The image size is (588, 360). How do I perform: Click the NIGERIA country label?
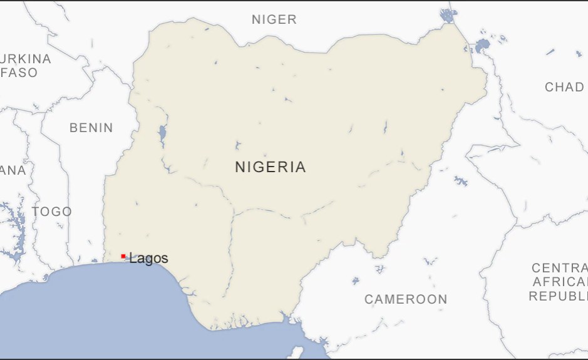point(271,167)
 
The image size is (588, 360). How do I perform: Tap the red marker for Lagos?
point(123,256)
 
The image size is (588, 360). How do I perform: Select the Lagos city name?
point(149,258)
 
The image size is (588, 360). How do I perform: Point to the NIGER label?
point(274,19)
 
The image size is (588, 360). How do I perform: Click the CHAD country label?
point(564,87)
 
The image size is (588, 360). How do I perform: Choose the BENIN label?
point(91,128)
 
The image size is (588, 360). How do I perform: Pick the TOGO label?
point(52,212)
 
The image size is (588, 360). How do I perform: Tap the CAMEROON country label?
point(406,299)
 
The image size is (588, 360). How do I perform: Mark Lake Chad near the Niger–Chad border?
point(482,45)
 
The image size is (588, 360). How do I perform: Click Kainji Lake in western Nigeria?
point(163,133)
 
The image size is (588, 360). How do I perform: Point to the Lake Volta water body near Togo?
point(16,225)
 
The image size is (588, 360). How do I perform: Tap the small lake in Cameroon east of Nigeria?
point(461,181)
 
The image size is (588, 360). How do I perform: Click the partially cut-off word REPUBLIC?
point(559,296)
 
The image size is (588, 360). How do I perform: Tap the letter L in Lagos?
point(133,258)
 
